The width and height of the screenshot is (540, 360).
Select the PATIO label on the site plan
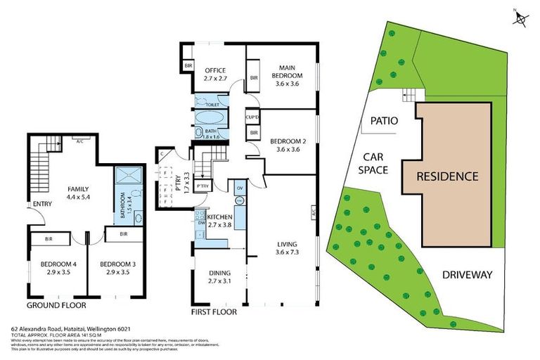pyautogui.click(x=384, y=121)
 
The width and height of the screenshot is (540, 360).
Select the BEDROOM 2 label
pyautogui.click(x=288, y=145)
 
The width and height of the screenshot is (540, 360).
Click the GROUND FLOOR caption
pyautogui.click(x=56, y=306)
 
